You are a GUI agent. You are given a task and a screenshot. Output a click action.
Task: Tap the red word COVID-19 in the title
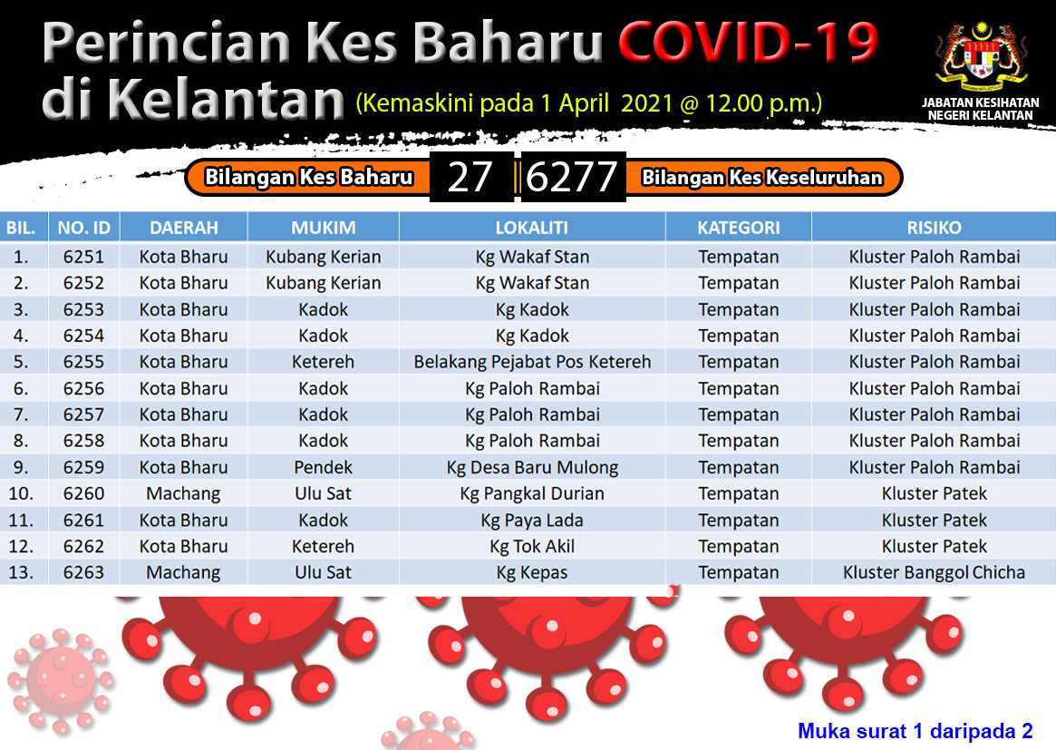(x=748, y=42)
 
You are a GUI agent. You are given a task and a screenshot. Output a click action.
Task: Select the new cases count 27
(x=470, y=177)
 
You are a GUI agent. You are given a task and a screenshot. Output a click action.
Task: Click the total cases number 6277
(x=571, y=177)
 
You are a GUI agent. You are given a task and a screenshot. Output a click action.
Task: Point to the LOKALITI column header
(x=531, y=228)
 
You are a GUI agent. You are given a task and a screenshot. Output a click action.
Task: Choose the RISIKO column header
(x=934, y=228)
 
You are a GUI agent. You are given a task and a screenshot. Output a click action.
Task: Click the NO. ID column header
(x=83, y=228)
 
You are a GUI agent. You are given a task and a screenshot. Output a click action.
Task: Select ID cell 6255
(x=83, y=362)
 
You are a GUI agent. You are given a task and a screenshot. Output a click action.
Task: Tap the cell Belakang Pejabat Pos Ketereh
(x=532, y=362)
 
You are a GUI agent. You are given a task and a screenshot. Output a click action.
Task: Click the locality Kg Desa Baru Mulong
(x=532, y=467)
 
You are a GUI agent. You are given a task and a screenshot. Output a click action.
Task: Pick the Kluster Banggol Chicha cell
(x=934, y=572)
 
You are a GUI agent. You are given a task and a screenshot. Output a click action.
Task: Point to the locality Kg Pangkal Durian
(x=532, y=493)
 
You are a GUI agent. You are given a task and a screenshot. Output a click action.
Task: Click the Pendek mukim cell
(x=324, y=467)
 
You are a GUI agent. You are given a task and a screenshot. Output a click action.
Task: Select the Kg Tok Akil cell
(x=532, y=546)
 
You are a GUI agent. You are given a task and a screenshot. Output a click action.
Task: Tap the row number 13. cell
(x=21, y=572)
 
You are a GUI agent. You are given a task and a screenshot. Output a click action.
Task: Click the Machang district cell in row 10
(x=183, y=493)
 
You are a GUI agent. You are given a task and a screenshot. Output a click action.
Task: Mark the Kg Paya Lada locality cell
(x=532, y=520)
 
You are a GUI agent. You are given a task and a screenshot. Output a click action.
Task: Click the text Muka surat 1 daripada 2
(x=915, y=730)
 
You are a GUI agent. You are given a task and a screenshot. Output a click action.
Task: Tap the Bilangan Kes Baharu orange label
(x=308, y=177)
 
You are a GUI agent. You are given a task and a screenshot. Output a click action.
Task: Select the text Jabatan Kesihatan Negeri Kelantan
(x=980, y=109)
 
